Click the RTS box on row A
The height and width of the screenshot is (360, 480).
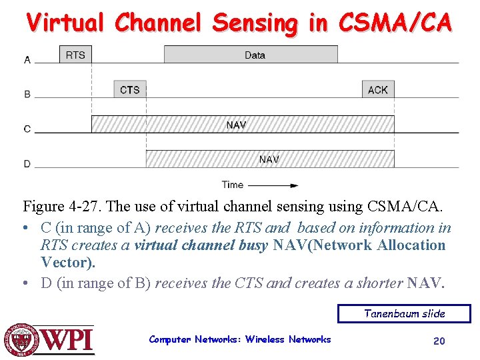point(75,55)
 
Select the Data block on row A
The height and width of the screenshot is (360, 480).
point(251,55)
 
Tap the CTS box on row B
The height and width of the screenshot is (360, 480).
point(130,89)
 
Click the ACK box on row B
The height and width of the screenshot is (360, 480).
point(378,89)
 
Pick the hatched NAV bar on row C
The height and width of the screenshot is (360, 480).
point(243,124)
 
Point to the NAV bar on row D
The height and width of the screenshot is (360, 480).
point(270,159)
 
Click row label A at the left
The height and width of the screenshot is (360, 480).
point(27,60)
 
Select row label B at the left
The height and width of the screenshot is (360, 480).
point(27,95)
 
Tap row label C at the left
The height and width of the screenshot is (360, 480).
point(27,129)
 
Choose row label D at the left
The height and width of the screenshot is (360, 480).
point(27,164)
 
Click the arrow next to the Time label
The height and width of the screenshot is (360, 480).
point(273,185)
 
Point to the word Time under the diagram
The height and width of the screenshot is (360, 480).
point(233,185)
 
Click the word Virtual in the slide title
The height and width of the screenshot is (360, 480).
point(65,23)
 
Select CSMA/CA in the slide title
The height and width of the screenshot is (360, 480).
point(395,23)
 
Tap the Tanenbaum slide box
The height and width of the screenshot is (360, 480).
point(404,313)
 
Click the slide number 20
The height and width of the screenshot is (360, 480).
point(439,341)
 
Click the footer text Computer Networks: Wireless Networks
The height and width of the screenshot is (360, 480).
point(240,339)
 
